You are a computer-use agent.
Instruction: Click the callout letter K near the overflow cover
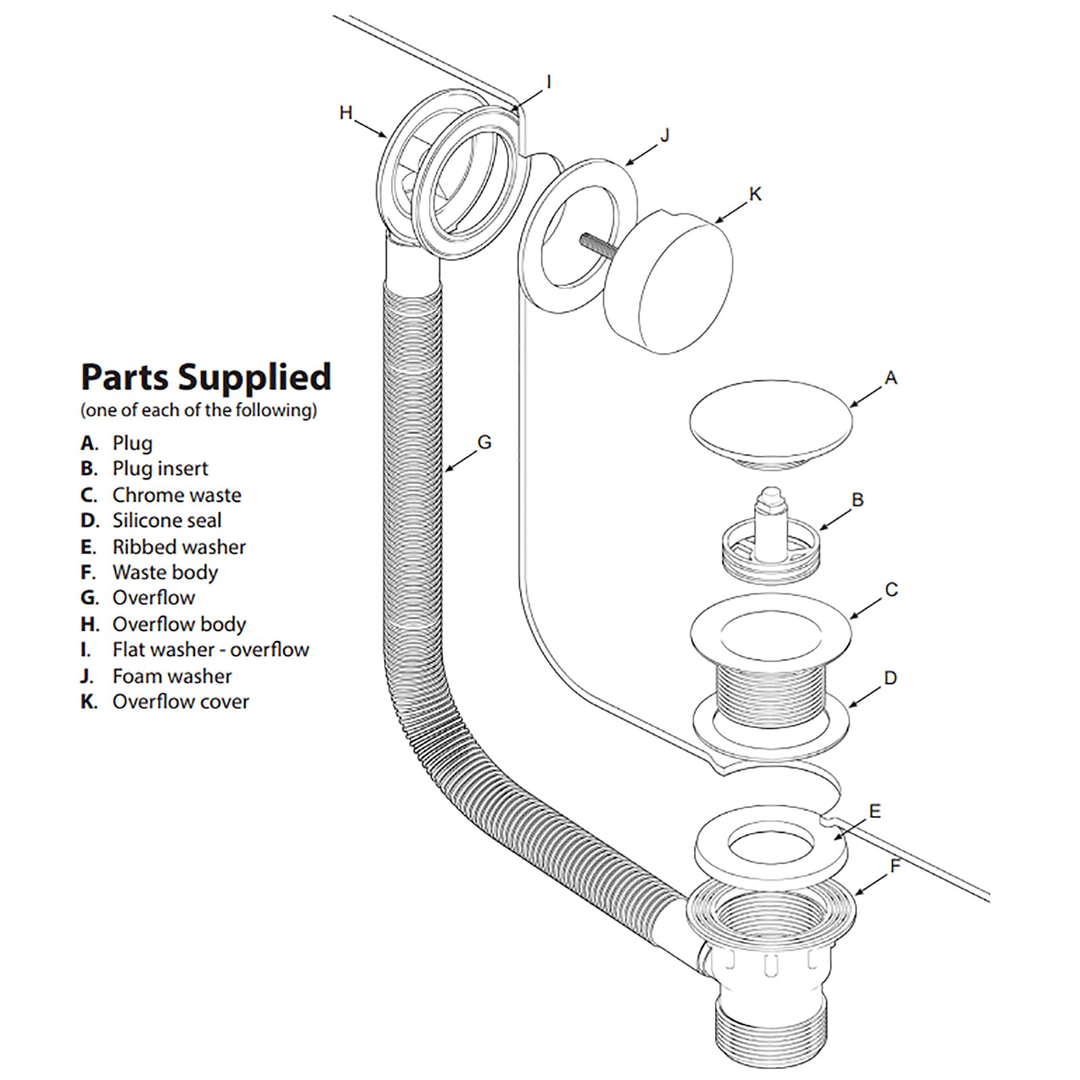[755, 194]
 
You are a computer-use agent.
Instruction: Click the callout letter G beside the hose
[484, 443]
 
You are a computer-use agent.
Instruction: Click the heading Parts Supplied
[206, 377]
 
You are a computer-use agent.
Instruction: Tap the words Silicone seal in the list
[167, 520]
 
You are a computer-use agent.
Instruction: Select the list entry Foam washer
[172, 676]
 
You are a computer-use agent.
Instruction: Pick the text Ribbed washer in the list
[179, 547]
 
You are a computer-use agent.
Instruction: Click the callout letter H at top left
[346, 113]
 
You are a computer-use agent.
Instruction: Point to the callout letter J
[665, 136]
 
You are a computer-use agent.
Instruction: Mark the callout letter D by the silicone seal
[890, 678]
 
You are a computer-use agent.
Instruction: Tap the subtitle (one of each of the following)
[198, 410]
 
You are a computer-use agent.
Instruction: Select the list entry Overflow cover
[180, 701]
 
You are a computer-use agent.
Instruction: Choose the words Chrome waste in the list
[177, 495]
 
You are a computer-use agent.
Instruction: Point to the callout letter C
[891, 590]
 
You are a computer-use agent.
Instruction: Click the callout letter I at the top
[548, 82]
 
